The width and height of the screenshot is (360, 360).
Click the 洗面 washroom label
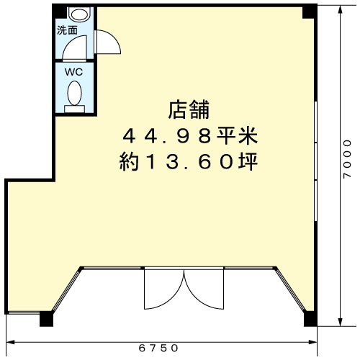coord(67,30)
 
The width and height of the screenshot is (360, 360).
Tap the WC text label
coord(73,72)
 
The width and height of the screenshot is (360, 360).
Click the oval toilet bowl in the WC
coord(74,93)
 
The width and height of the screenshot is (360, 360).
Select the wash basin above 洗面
coord(80,14)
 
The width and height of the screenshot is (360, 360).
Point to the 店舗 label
coord(189,110)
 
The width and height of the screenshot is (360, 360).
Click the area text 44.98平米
coord(190,136)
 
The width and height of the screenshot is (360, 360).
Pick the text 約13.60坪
coord(189,162)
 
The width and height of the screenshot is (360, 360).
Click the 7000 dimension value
coord(347,159)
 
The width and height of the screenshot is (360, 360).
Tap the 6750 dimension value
coord(158,348)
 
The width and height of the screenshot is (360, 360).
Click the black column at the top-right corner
coord(309,12)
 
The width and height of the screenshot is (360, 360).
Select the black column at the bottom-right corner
coord(310,319)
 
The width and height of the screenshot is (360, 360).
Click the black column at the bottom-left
coord(46,319)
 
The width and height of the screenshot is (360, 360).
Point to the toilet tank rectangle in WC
coord(75,109)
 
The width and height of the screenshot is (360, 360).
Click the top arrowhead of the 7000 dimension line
coord(340,10)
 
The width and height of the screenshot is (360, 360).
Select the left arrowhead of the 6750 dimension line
coord(11,342)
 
